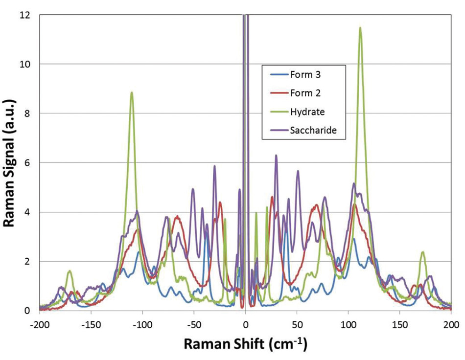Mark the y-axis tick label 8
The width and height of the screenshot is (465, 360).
pos(28,113)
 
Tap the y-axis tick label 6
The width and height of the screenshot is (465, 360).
pos(28,163)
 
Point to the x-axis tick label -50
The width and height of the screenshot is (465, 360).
pos(194,324)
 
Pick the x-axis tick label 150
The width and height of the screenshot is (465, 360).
pos(400,324)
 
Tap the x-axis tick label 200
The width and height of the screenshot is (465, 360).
pos(451,324)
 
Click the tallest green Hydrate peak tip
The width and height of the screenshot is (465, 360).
pos(360,28)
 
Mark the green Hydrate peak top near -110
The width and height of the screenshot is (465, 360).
pos(132,92)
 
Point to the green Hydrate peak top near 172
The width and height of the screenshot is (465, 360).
pos(422,252)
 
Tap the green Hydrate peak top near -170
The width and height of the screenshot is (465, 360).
pos(70,270)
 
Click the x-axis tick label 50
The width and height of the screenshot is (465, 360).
pos(297,324)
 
